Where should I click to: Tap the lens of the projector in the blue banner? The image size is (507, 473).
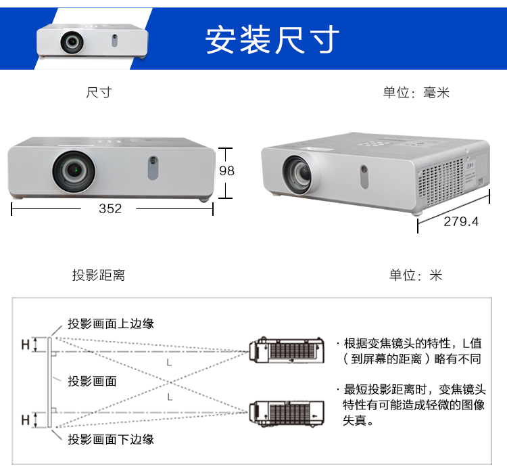[71, 42]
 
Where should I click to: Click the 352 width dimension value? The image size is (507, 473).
[110, 208]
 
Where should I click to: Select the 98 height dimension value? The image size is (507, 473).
[227, 171]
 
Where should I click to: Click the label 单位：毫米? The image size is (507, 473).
[416, 93]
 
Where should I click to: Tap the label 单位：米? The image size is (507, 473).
[416, 275]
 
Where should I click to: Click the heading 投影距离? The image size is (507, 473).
[99, 275]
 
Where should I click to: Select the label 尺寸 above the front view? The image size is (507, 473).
[99, 93]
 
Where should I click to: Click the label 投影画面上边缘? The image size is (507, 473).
[111, 323]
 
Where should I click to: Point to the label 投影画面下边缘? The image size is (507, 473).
[111, 439]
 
